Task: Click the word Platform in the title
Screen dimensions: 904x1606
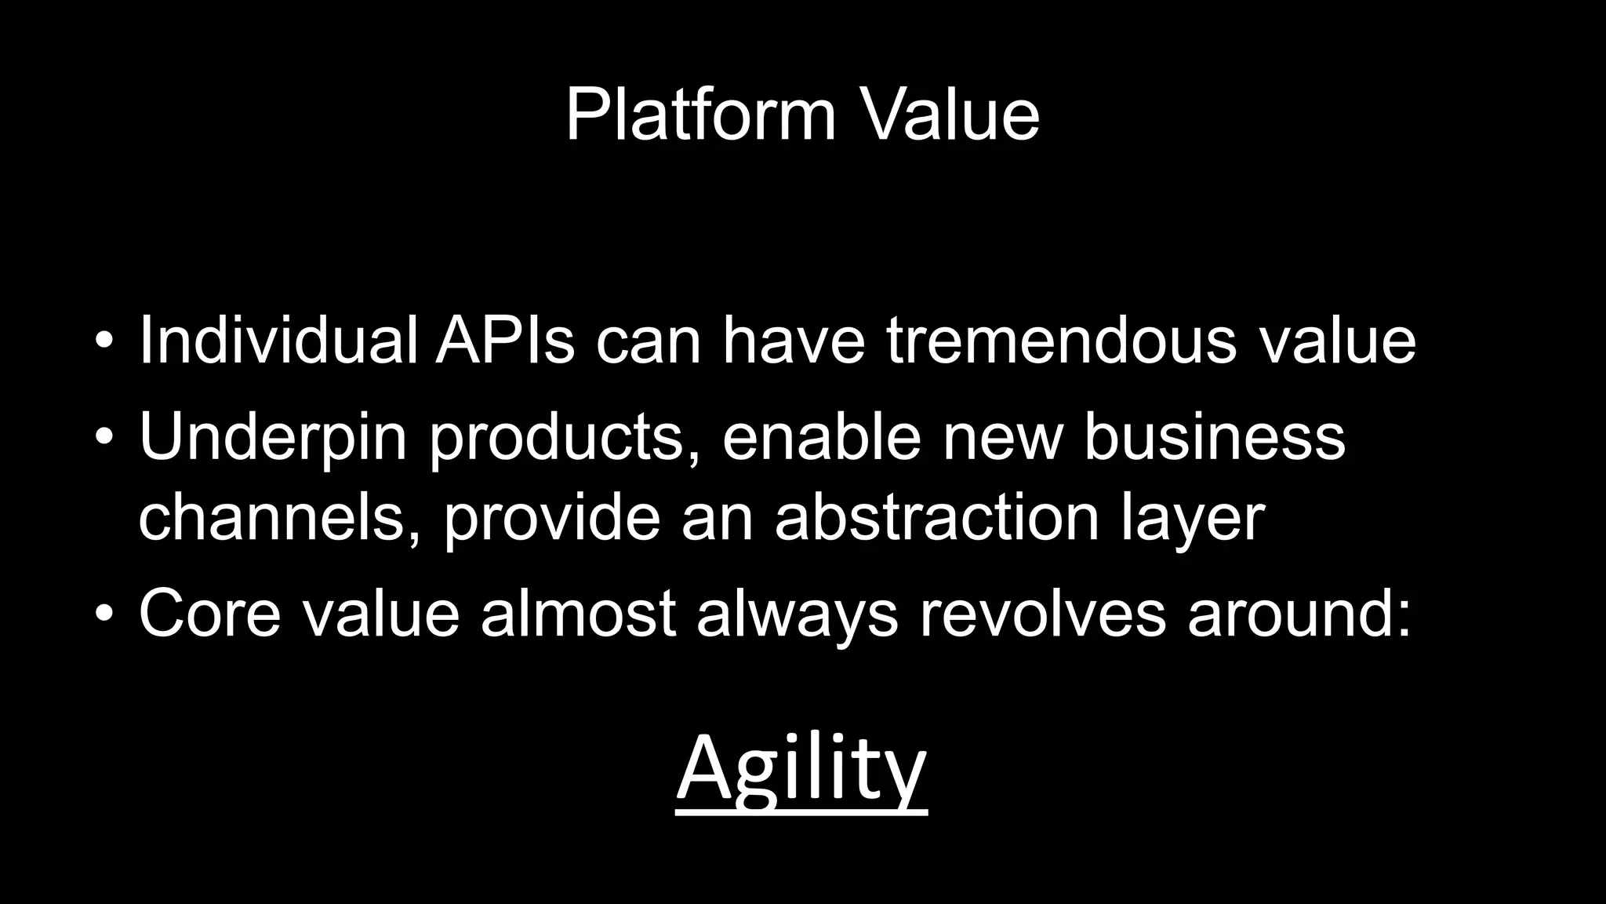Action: point(700,115)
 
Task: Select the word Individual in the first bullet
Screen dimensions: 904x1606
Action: point(278,341)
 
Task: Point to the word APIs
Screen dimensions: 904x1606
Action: point(505,341)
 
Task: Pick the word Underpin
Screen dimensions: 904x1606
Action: point(273,437)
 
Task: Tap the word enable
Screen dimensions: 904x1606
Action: point(821,437)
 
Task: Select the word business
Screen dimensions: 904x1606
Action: point(1215,437)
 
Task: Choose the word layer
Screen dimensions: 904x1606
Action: point(1193,519)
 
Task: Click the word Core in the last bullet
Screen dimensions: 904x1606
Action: point(209,613)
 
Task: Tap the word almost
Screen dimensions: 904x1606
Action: point(578,613)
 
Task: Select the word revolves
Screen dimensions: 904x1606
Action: point(1043,613)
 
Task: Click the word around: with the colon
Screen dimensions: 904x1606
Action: point(1299,613)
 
